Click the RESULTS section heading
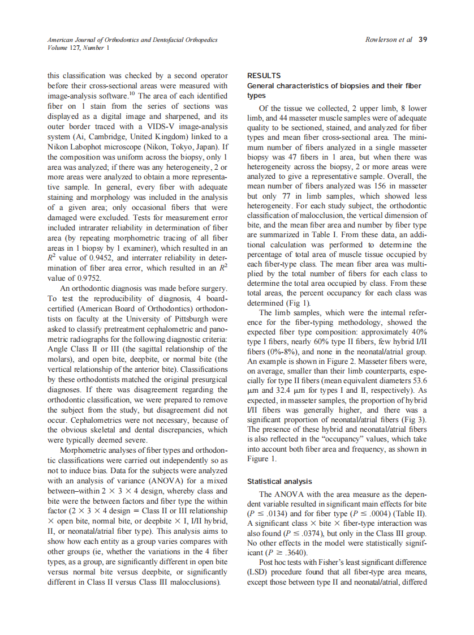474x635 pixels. tap(264, 75)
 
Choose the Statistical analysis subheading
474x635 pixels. tap(279, 482)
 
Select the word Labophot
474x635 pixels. tap(81, 147)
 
